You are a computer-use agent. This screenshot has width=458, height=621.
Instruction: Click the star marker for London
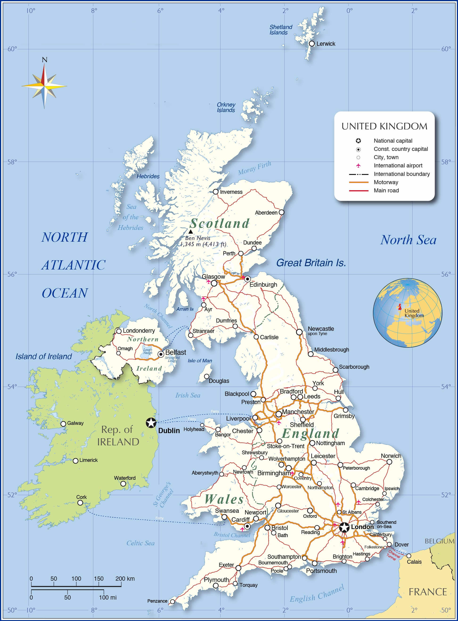(x=344, y=527)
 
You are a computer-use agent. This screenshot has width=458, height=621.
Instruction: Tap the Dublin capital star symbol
(x=151, y=423)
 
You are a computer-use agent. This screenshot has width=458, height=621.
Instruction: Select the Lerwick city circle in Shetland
(x=312, y=44)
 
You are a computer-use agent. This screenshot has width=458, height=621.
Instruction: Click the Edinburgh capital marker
(x=247, y=279)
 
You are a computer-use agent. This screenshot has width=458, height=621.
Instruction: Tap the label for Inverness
(x=231, y=192)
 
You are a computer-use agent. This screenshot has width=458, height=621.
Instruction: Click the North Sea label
(x=408, y=240)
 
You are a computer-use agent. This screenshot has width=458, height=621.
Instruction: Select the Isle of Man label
(x=200, y=360)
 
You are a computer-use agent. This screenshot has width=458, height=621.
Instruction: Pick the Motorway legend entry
(x=386, y=182)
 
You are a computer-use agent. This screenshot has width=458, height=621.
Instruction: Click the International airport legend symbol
(x=358, y=166)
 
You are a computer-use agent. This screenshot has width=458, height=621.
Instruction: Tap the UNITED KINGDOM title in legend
(x=384, y=126)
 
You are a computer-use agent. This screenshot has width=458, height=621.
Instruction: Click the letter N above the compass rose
(x=44, y=60)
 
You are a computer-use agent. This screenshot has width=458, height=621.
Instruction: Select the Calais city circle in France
(x=409, y=556)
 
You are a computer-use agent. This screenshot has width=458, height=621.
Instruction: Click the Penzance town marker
(x=172, y=602)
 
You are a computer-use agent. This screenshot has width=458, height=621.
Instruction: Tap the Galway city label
(x=75, y=423)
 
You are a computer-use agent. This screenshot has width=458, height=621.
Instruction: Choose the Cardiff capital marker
(x=247, y=526)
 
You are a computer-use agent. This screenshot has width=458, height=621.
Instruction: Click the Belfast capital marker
(x=161, y=354)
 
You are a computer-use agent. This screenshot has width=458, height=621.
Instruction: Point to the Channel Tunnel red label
(x=393, y=555)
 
